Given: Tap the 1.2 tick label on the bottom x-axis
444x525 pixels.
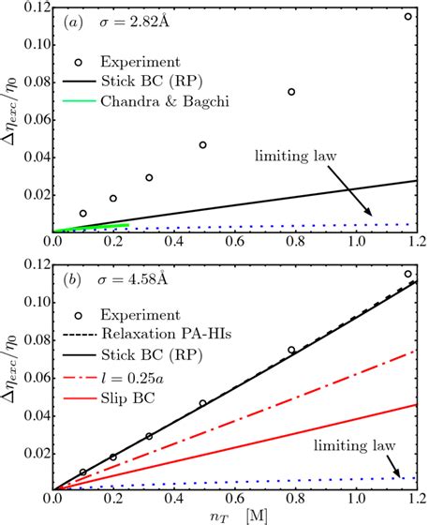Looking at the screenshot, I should [412, 498].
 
